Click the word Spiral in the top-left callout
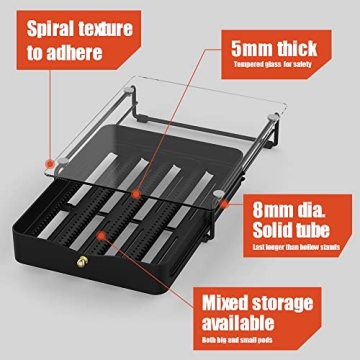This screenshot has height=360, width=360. point(42,28)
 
